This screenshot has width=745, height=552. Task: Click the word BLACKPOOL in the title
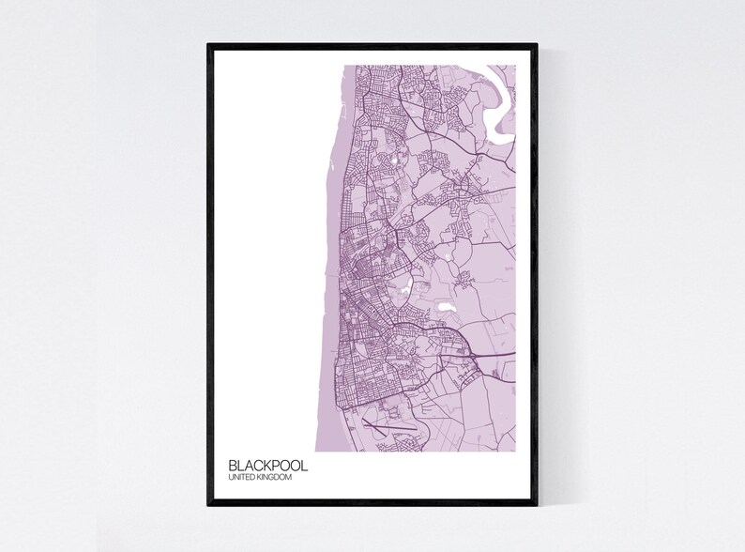267,465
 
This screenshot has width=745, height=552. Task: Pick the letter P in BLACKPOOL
276,465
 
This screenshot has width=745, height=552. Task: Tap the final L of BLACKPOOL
302,465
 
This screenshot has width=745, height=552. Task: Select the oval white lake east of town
442,306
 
